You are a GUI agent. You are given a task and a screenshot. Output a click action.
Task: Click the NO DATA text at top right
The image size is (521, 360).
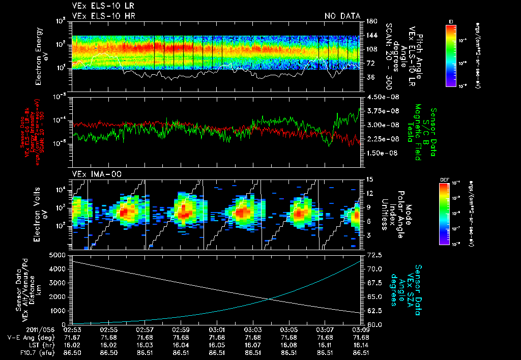(x=342, y=16)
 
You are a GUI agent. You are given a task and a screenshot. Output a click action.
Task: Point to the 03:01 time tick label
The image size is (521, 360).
(x=217, y=330)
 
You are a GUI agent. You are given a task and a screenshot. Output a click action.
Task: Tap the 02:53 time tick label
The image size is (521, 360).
(x=73, y=330)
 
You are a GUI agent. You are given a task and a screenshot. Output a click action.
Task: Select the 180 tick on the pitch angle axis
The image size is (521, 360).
(x=370, y=21)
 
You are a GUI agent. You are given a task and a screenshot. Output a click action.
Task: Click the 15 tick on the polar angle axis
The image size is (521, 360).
(x=369, y=179)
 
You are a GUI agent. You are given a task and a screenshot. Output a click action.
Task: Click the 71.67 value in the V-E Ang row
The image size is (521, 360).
(x=73, y=337)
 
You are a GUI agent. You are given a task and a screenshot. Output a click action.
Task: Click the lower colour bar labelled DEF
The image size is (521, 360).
(x=444, y=214)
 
